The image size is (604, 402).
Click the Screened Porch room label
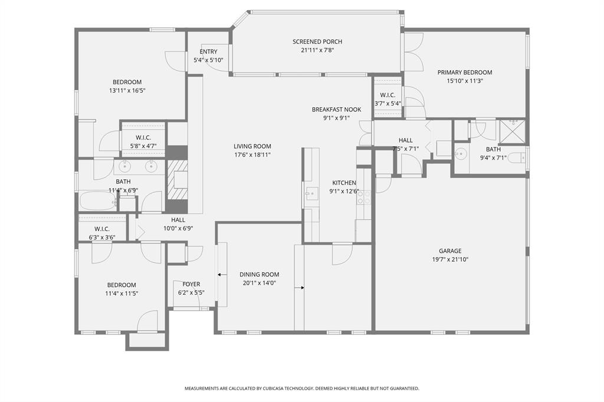(317, 41)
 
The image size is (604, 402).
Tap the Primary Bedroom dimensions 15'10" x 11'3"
(464, 81)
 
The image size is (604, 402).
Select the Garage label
(450, 251)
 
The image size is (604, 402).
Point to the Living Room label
(252, 146)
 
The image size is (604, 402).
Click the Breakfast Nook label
(336, 109)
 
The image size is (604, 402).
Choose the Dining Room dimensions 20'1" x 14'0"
(259, 283)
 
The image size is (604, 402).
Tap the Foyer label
(191, 284)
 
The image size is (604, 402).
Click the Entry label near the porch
(208, 52)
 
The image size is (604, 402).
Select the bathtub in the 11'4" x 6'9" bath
(98, 201)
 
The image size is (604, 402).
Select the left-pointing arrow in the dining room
(221, 274)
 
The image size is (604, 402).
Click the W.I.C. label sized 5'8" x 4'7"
(143, 137)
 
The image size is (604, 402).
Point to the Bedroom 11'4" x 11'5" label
(121, 285)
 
